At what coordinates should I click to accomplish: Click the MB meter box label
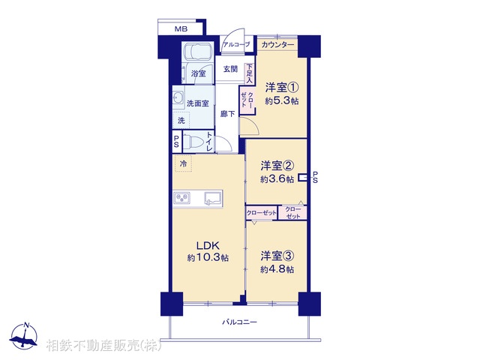[181, 28]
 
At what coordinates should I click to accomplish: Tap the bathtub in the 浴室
[198, 55]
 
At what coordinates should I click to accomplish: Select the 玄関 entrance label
[230, 69]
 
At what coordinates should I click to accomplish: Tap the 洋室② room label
[276, 165]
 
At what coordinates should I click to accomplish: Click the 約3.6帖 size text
[276, 179]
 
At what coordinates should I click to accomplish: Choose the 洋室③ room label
[277, 255]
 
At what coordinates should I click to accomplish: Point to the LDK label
[208, 244]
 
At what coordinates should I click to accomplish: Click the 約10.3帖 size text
[208, 258]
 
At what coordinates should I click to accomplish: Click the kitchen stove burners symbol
[184, 198]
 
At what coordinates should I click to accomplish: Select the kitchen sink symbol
[211, 198]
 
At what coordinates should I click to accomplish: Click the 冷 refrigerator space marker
[183, 162]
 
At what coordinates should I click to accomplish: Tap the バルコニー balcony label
[239, 322]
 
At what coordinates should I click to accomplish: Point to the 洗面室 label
[198, 103]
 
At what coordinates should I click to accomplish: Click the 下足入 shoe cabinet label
[249, 72]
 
